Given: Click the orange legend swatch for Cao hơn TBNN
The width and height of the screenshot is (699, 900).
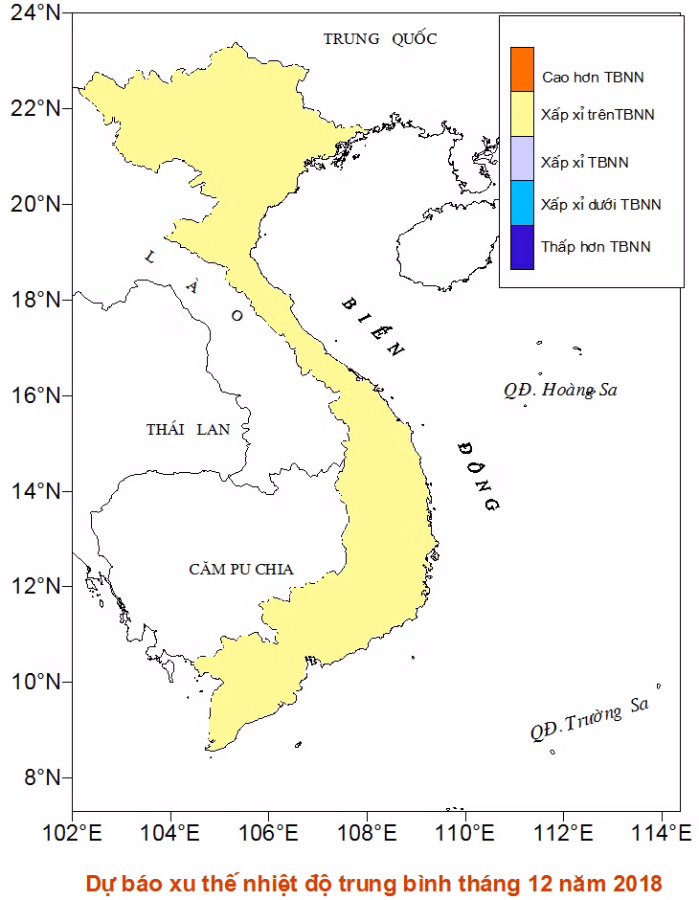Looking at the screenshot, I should (x=522, y=69).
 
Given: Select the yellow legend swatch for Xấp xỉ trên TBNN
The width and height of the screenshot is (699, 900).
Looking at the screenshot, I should (x=522, y=114).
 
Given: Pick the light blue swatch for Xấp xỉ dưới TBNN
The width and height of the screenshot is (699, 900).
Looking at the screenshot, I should (x=522, y=203).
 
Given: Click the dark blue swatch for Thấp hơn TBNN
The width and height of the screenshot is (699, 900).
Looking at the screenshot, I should (x=522, y=247).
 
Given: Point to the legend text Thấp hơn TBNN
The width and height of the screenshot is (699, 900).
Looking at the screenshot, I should (x=595, y=247).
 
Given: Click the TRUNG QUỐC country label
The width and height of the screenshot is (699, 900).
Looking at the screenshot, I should (x=379, y=39).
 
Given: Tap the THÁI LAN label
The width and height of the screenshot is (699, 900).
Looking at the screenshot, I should (x=188, y=430).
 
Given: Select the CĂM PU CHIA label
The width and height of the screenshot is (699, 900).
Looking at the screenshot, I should (x=240, y=570).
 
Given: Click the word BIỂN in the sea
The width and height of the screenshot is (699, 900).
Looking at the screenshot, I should (x=373, y=328).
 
